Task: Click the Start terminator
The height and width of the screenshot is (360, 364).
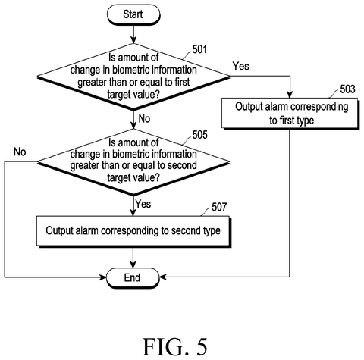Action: click(133, 14)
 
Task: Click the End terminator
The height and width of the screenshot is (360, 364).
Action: click(133, 277)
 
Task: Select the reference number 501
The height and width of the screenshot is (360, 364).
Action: click(199, 49)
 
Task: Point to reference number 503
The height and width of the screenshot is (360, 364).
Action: click(347, 89)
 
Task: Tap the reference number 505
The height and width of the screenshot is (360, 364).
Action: click(199, 135)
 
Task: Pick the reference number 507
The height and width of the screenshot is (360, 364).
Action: click(219, 207)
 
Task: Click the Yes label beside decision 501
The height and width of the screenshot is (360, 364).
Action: click(241, 66)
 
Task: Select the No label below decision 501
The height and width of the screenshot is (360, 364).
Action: click(144, 118)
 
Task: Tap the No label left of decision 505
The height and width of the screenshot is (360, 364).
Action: click(20, 152)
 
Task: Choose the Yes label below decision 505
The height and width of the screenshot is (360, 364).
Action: click(143, 204)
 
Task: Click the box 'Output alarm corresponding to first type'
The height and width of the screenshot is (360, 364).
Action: click(290, 114)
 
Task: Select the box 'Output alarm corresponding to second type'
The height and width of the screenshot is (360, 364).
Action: click(133, 231)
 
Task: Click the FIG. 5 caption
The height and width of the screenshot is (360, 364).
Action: click(175, 347)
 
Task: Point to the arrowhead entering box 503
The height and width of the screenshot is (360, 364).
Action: click(290, 95)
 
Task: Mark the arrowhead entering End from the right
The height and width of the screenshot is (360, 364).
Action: click(162, 277)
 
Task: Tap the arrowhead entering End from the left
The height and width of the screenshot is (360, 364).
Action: click(103, 277)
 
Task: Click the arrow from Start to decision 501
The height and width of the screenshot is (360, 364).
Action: click(133, 34)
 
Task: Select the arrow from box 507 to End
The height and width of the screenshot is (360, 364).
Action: click(133, 258)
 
